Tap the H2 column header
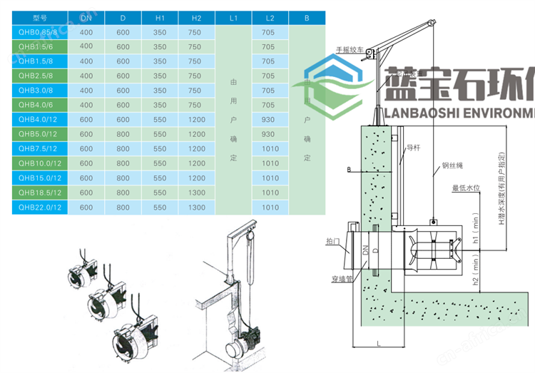click(x=195, y=18)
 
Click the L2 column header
click(x=268, y=18)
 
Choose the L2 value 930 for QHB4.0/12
click(x=268, y=120)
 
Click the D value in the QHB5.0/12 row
click(x=123, y=134)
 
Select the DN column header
click(x=86, y=18)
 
